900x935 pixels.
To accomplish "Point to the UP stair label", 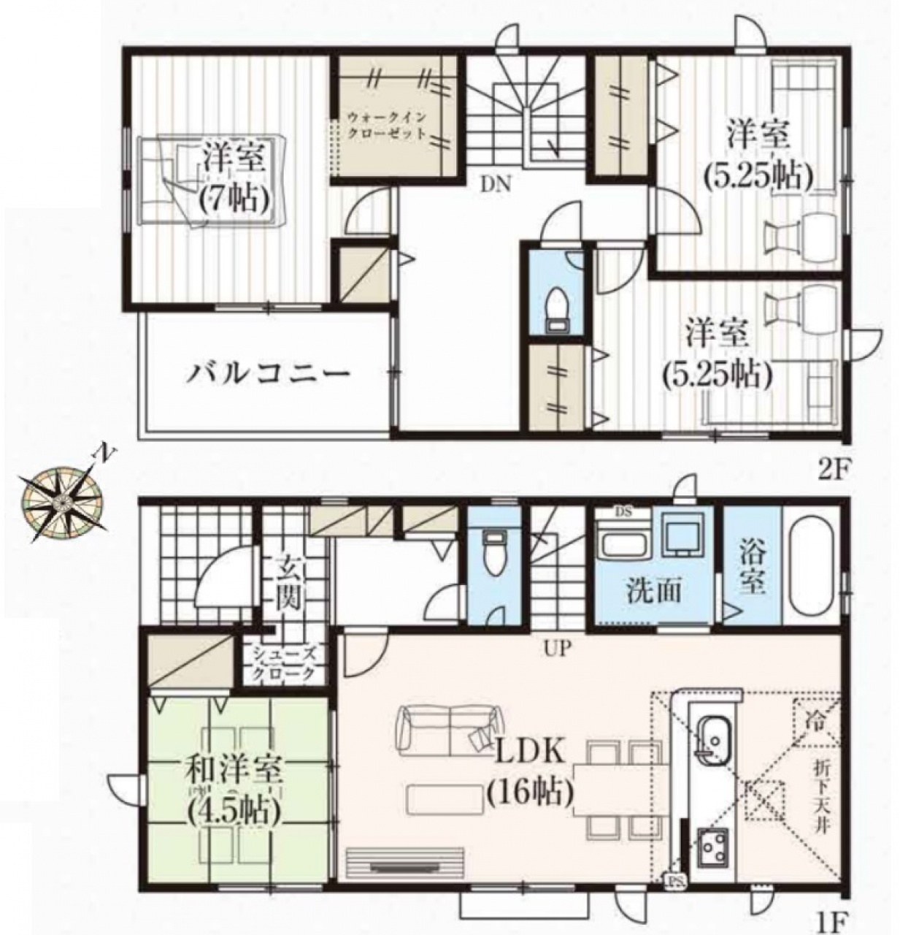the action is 557,650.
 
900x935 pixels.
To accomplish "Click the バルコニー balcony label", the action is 268,373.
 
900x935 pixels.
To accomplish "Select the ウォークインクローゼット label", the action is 386,125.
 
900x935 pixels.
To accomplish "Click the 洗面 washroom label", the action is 653,592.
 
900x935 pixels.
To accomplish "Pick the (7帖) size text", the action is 234,198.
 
